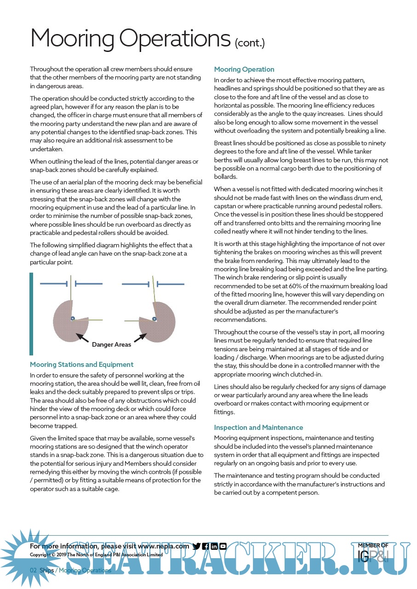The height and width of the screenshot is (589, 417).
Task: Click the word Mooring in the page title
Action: click(x=72, y=39)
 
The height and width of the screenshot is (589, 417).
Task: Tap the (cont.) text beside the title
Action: click(x=250, y=43)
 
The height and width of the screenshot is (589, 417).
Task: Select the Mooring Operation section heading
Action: click(x=244, y=69)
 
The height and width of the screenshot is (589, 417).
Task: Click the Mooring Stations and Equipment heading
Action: click(x=81, y=365)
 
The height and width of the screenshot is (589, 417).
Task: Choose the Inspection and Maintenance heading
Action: click(x=258, y=428)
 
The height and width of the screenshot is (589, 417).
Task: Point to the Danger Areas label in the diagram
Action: click(x=112, y=344)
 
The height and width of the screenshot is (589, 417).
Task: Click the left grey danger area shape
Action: click(x=67, y=322)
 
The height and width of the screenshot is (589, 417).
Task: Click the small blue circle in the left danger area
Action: click(x=73, y=318)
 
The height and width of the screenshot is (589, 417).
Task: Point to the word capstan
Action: click(x=226, y=206)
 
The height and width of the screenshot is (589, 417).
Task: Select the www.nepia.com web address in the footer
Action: click(x=163, y=546)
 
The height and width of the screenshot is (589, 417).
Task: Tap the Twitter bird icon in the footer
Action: click(x=197, y=546)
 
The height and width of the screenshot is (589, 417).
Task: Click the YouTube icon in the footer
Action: click(x=223, y=546)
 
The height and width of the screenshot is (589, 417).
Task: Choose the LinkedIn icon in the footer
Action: click(x=214, y=546)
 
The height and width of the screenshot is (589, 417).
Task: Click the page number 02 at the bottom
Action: click(x=33, y=571)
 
